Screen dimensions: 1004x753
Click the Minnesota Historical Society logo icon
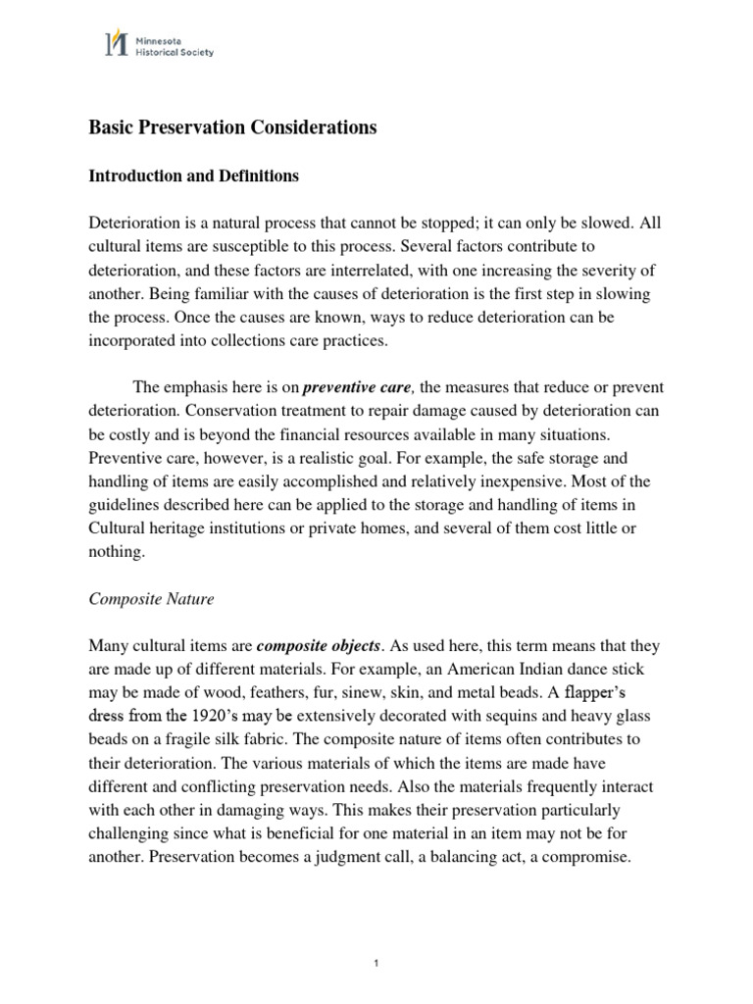pos(117,43)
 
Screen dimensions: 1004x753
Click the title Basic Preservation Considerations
pos(233,127)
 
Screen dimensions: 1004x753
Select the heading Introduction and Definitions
pos(194,176)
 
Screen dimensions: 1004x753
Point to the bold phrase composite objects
pos(318,646)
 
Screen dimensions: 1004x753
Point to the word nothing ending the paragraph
pos(116,552)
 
